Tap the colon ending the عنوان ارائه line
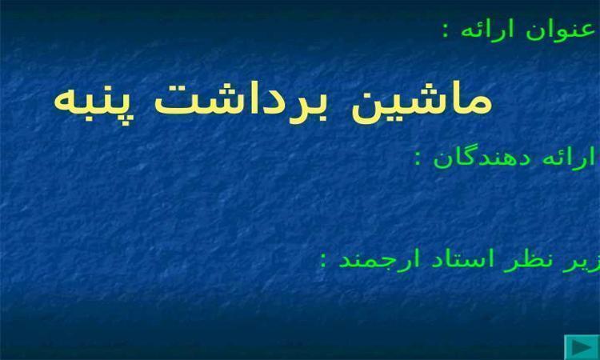pyautogui.click(x=446, y=31)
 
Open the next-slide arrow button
pyautogui.click(x=582, y=347)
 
